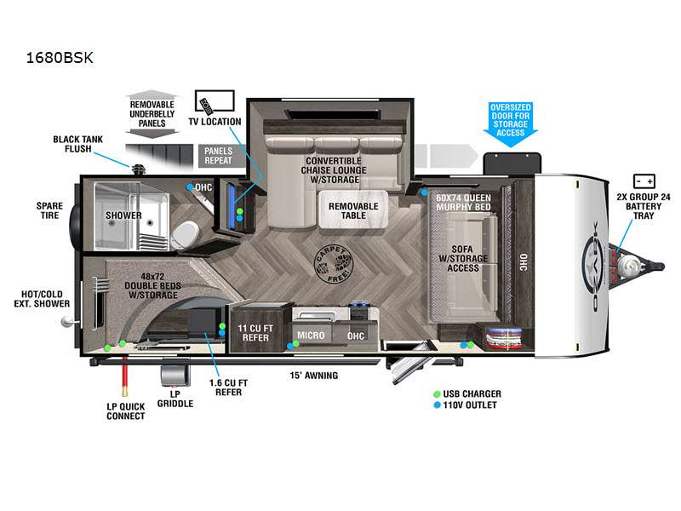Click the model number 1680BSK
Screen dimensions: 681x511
(x=60, y=58)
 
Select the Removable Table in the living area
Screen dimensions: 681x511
(x=353, y=210)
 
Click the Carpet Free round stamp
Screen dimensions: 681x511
(x=334, y=264)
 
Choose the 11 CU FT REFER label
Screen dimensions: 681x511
(x=255, y=333)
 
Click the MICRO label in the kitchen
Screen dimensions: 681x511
(x=311, y=336)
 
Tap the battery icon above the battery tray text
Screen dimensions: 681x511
(x=644, y=181)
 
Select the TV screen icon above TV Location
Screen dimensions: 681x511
(x=215, y=101)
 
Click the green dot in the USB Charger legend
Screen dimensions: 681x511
(x=437, y=394)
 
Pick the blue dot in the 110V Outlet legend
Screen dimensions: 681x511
(x=437, y=405)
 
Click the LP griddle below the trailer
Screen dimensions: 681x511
(x=175, y=375)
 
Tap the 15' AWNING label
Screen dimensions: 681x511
(x=313, y=376)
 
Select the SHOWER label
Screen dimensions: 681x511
(x=123, y=215)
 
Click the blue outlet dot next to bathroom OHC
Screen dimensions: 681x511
(x=190, y=187)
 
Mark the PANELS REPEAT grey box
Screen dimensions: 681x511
(x=218, y=155)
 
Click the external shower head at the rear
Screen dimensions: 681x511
(x=68, y=322)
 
